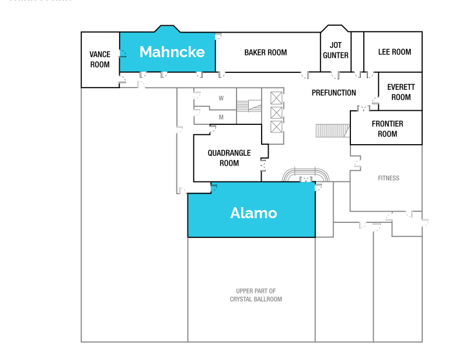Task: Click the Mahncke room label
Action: pyautogui.click(x=172, y=52)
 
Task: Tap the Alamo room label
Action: pyautogui.click(x=253, y=213)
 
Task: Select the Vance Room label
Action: pyautogui.click(x=100, y=60)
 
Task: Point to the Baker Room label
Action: pyautogui.click(x=266, y=53)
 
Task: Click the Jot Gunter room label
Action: pyautogui.click(x=336, y=50)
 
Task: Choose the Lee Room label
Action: pyautogui.click(x=395, y=52)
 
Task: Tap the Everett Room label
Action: pyautogui.click(x=401, y=92)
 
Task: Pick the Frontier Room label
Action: pyautogui.click(x=387, y=129)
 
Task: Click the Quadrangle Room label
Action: pyautogui.click(x=229, y=158)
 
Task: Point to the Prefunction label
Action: pyautogui.click(x=333, y=93)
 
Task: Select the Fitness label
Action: pyautogui.click(x=388, y=178)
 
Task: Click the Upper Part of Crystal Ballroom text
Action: pyautogui.click(x=256, y=295)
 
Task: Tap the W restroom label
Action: pyautogui.click(x=221, y=98)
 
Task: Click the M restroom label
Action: pyautogui.click(x=221, y=117)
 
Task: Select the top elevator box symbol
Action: pyautogui.click(x=276, y=98)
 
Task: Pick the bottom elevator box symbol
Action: pyautogui.click(x=276, y=127)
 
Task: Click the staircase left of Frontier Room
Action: pyautogui.click(x=332, y=130)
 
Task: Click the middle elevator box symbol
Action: pyautogui.click(x=276, y=112)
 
